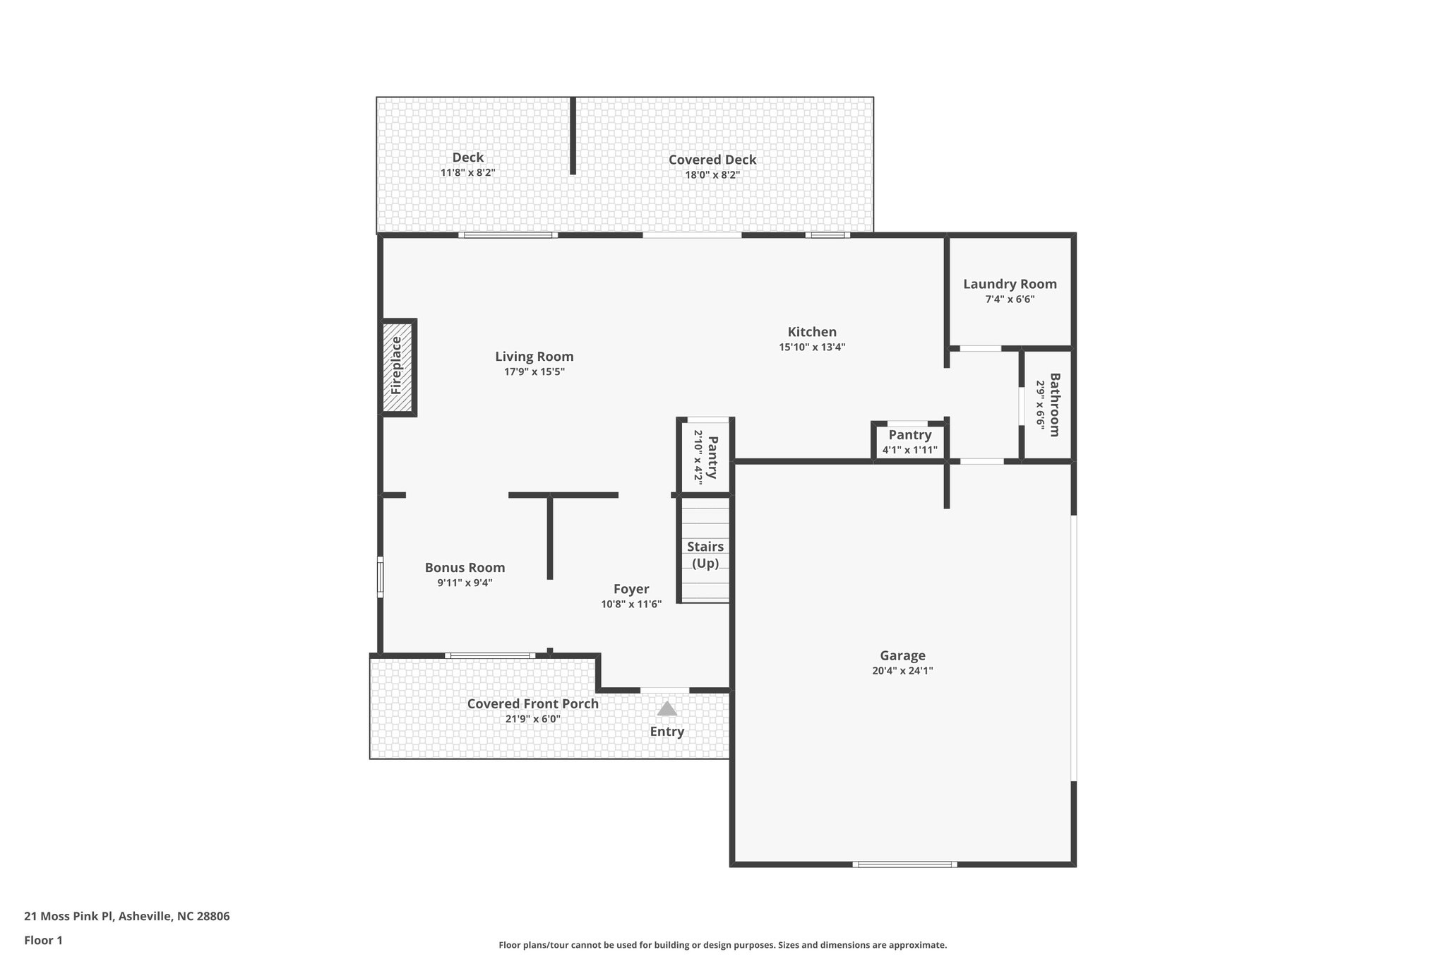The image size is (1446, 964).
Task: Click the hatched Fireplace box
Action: pos(398,367)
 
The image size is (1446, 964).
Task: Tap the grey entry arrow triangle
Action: pos(667,708)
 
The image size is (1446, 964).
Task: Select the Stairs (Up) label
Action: pos(705,555)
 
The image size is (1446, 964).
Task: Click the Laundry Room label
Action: pos(1010,284)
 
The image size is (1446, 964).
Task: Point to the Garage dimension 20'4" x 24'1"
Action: pos(902,671)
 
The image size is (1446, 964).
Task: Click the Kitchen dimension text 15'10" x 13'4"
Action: pos(812,347)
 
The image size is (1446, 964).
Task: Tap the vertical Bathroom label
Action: pos(1054,405)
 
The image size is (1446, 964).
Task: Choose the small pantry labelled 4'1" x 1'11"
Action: pos(909,442)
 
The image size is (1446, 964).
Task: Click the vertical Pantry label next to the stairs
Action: pos(712,457)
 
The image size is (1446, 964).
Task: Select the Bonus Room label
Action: pos(465,567)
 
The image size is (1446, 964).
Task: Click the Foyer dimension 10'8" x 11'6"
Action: pos(631,604)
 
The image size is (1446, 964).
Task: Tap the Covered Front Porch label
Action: pos(532,703)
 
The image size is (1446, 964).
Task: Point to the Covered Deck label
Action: pos(712,160)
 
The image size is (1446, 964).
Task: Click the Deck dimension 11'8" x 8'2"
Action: pos(467,172)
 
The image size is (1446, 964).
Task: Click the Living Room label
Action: pos(534,357)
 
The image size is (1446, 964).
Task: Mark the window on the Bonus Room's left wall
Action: pos(380,577)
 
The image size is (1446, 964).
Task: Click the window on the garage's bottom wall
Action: pos(904,864)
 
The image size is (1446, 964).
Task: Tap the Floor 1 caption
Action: pos(43,940)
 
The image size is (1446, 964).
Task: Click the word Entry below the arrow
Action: pos(667,732)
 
